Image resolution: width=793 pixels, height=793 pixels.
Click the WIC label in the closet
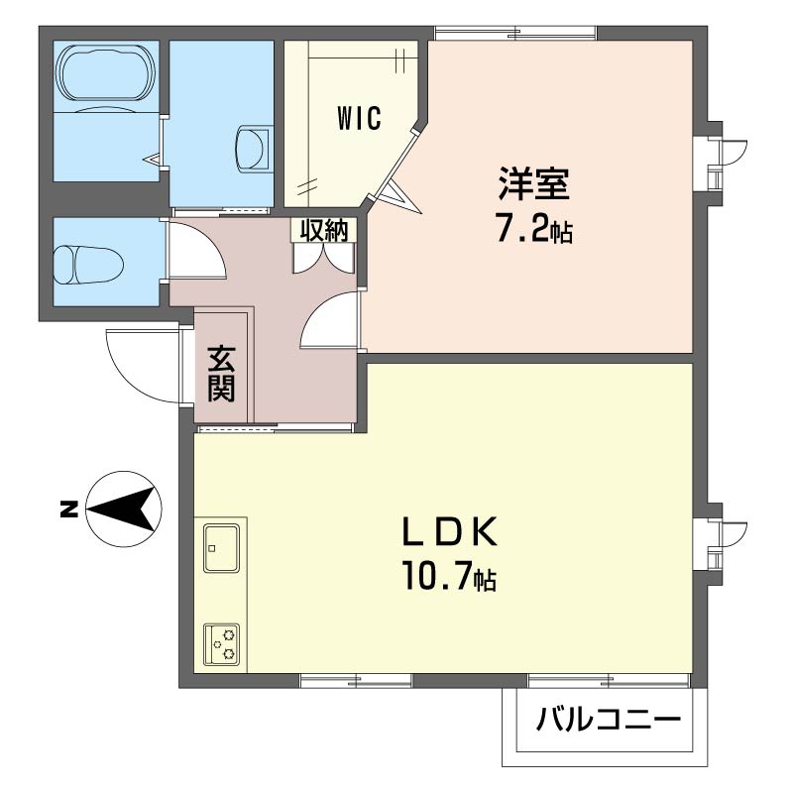pyautogui.click(x=358, y=119)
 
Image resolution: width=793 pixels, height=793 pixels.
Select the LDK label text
pyautogui.click(x=448, y=533)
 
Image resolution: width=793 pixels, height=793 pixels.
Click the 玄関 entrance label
pyautogui.click(x=221, y=372)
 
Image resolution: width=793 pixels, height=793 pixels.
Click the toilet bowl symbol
pyautogui.click(x=87, y=265)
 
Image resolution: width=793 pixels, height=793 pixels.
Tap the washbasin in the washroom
pyautogui.click(x=253, y=149)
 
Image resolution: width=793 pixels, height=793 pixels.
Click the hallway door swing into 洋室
pyautogui.click(x=328, y=323)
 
